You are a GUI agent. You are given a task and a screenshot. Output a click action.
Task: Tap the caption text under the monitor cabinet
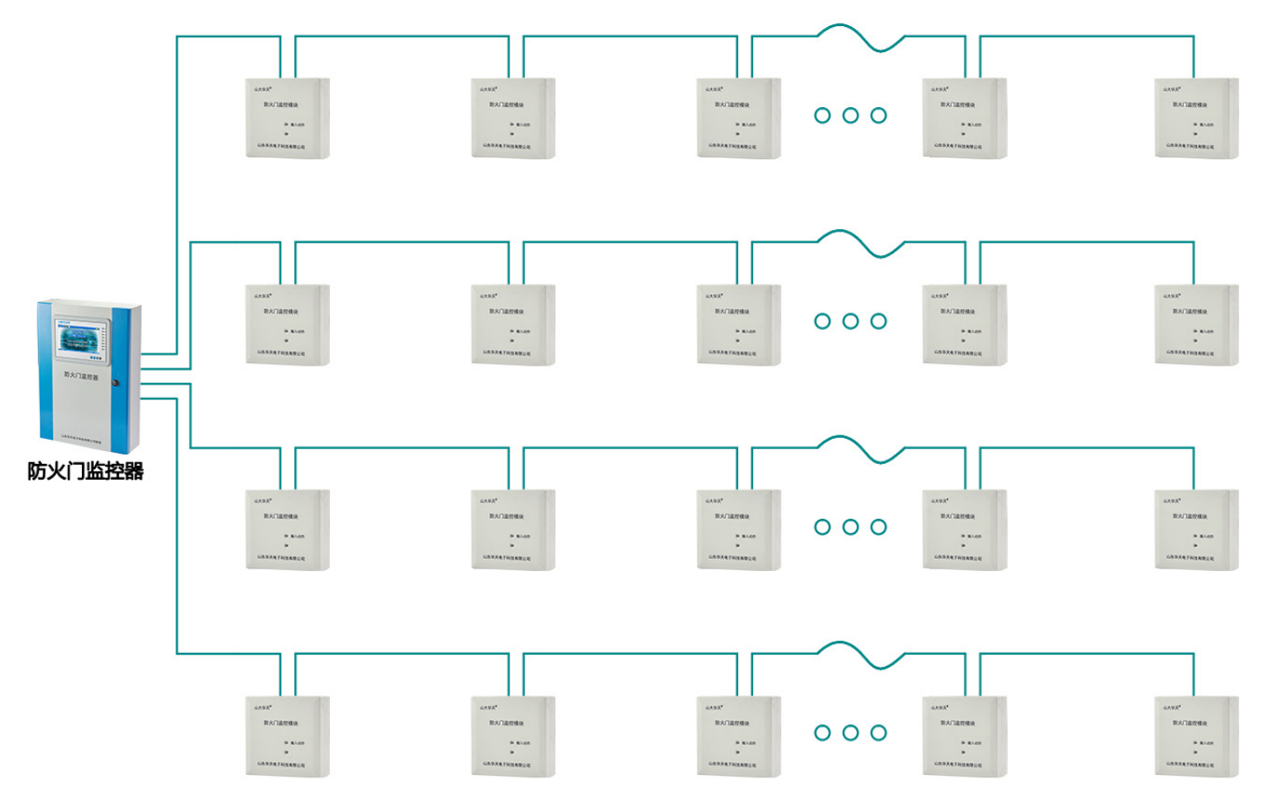click(85, 471)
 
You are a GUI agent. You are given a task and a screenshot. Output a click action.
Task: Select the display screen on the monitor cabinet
click(81, 340)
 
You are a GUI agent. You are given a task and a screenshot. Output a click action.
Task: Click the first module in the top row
click(287, 118)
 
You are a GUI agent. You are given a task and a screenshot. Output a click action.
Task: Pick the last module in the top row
click(1196, 118)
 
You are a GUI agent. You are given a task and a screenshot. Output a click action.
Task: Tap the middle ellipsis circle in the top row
click(851, 115)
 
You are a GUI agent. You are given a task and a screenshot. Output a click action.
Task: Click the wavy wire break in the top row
click(861, 37)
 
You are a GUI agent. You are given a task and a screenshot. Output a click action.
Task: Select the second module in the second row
click(513, 325)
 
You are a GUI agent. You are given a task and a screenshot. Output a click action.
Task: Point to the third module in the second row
click(738, 325)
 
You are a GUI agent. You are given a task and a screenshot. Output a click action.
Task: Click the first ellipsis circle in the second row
click(823, 321)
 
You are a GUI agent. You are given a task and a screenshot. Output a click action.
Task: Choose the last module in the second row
click(1196, 325)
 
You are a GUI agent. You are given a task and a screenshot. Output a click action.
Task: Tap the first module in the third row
click(287, 530)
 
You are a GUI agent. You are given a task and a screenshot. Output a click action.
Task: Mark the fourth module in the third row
click(965, 530)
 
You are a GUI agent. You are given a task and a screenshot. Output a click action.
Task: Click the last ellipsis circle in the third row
click(879, 527)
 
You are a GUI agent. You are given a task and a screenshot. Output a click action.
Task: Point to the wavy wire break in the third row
click(861, 449)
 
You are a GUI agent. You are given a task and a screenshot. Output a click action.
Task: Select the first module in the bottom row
click(287, 736)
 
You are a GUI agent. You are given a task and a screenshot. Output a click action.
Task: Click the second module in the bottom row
click(513, 736)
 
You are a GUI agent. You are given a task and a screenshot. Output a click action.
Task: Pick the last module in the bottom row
click(1196, 736)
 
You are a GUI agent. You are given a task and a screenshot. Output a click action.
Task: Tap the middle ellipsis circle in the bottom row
click(851, 733)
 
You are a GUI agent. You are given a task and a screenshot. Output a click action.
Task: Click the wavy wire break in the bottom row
click(861, 655)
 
